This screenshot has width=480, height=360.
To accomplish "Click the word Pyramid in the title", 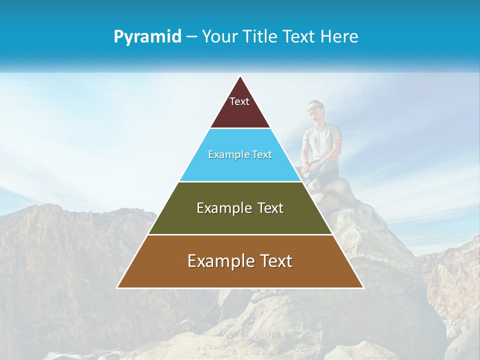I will [147, 37].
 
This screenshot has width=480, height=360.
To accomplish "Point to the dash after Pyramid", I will [191, 37].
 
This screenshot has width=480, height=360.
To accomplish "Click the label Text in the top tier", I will [239, 101].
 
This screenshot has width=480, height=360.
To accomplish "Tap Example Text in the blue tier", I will [240, 155].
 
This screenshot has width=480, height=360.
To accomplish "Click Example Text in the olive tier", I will [240, 208].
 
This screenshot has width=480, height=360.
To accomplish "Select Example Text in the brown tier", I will [240, 261].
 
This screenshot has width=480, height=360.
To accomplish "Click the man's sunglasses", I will [313, 108].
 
